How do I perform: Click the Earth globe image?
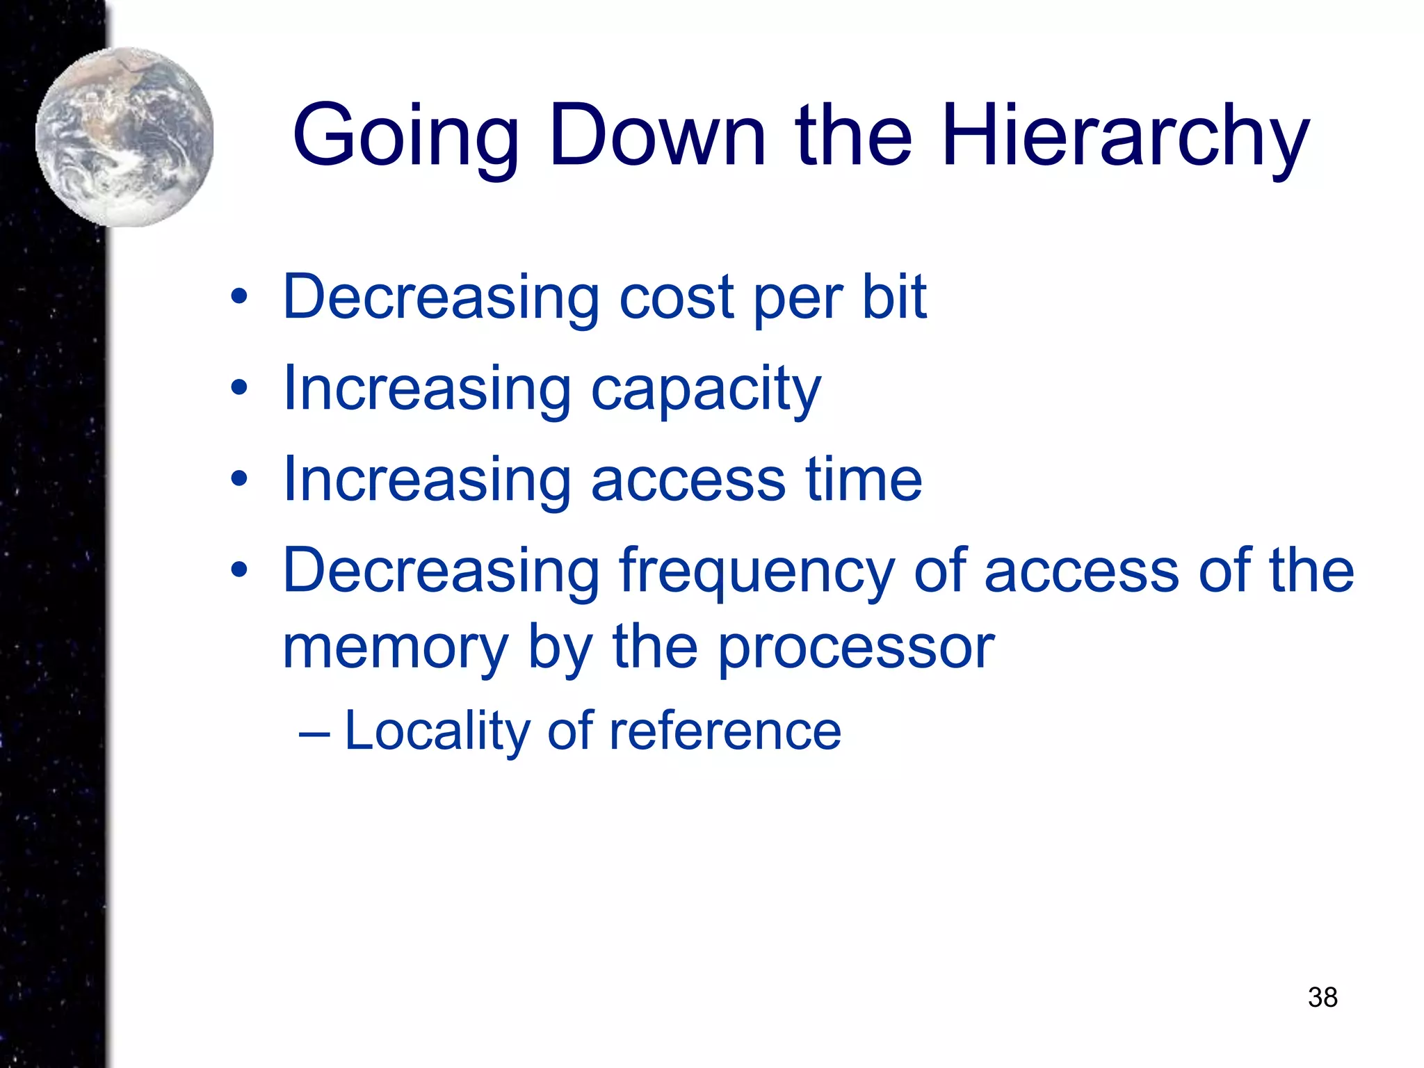pos(124,137)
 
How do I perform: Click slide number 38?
pos(1322,996)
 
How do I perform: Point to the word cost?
pos(677,298)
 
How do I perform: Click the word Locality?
pos(437,731)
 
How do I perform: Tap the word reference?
pos(725,731)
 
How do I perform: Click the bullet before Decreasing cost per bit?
pos(239,298)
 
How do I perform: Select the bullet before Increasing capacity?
pos(239,388)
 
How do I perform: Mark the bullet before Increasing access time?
pos(239,478)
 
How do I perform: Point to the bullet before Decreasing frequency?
pos(239,570)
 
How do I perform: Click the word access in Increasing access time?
pos(688,480)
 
